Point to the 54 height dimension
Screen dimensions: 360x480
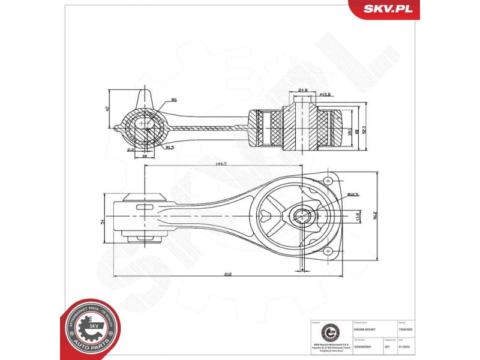pos(103,221)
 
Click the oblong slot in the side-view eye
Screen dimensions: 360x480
pos(145,208)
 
